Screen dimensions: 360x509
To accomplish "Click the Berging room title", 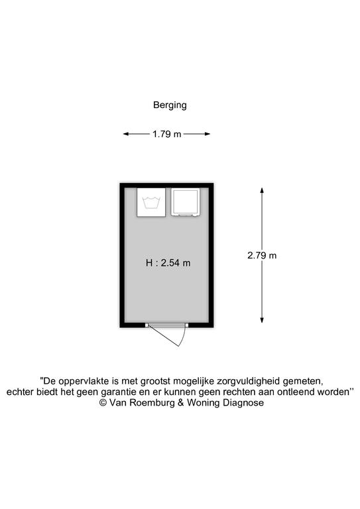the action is click(x=170, y=105).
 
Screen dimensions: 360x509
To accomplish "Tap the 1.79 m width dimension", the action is click(x=167, y=134).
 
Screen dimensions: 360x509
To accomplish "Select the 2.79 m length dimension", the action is click(x=262, y=255).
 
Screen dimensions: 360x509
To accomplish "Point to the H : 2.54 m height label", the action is click(x=168, y=262).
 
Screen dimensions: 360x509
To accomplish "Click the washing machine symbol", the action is click(x=151, y=203).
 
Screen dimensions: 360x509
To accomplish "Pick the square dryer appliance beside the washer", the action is click(x=186, y=202).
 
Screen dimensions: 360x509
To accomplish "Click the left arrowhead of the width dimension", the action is click(x=126, y=134).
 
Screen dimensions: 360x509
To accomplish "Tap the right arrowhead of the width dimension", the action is click(x=207, y=134).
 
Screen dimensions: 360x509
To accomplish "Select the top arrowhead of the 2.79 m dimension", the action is click(x=262, y=191).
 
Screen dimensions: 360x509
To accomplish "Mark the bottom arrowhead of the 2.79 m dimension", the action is click(x=262, y=320).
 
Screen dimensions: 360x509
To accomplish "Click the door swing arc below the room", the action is click(x=184, y=337).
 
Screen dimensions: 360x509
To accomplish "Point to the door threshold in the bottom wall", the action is click(x=167, y=325).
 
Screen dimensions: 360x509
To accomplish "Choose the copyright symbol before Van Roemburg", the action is click(x=103, y=403).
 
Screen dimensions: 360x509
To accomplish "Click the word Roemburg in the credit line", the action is click(x=152, y=403).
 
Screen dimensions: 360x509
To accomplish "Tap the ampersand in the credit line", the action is click(x=181, y=403).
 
